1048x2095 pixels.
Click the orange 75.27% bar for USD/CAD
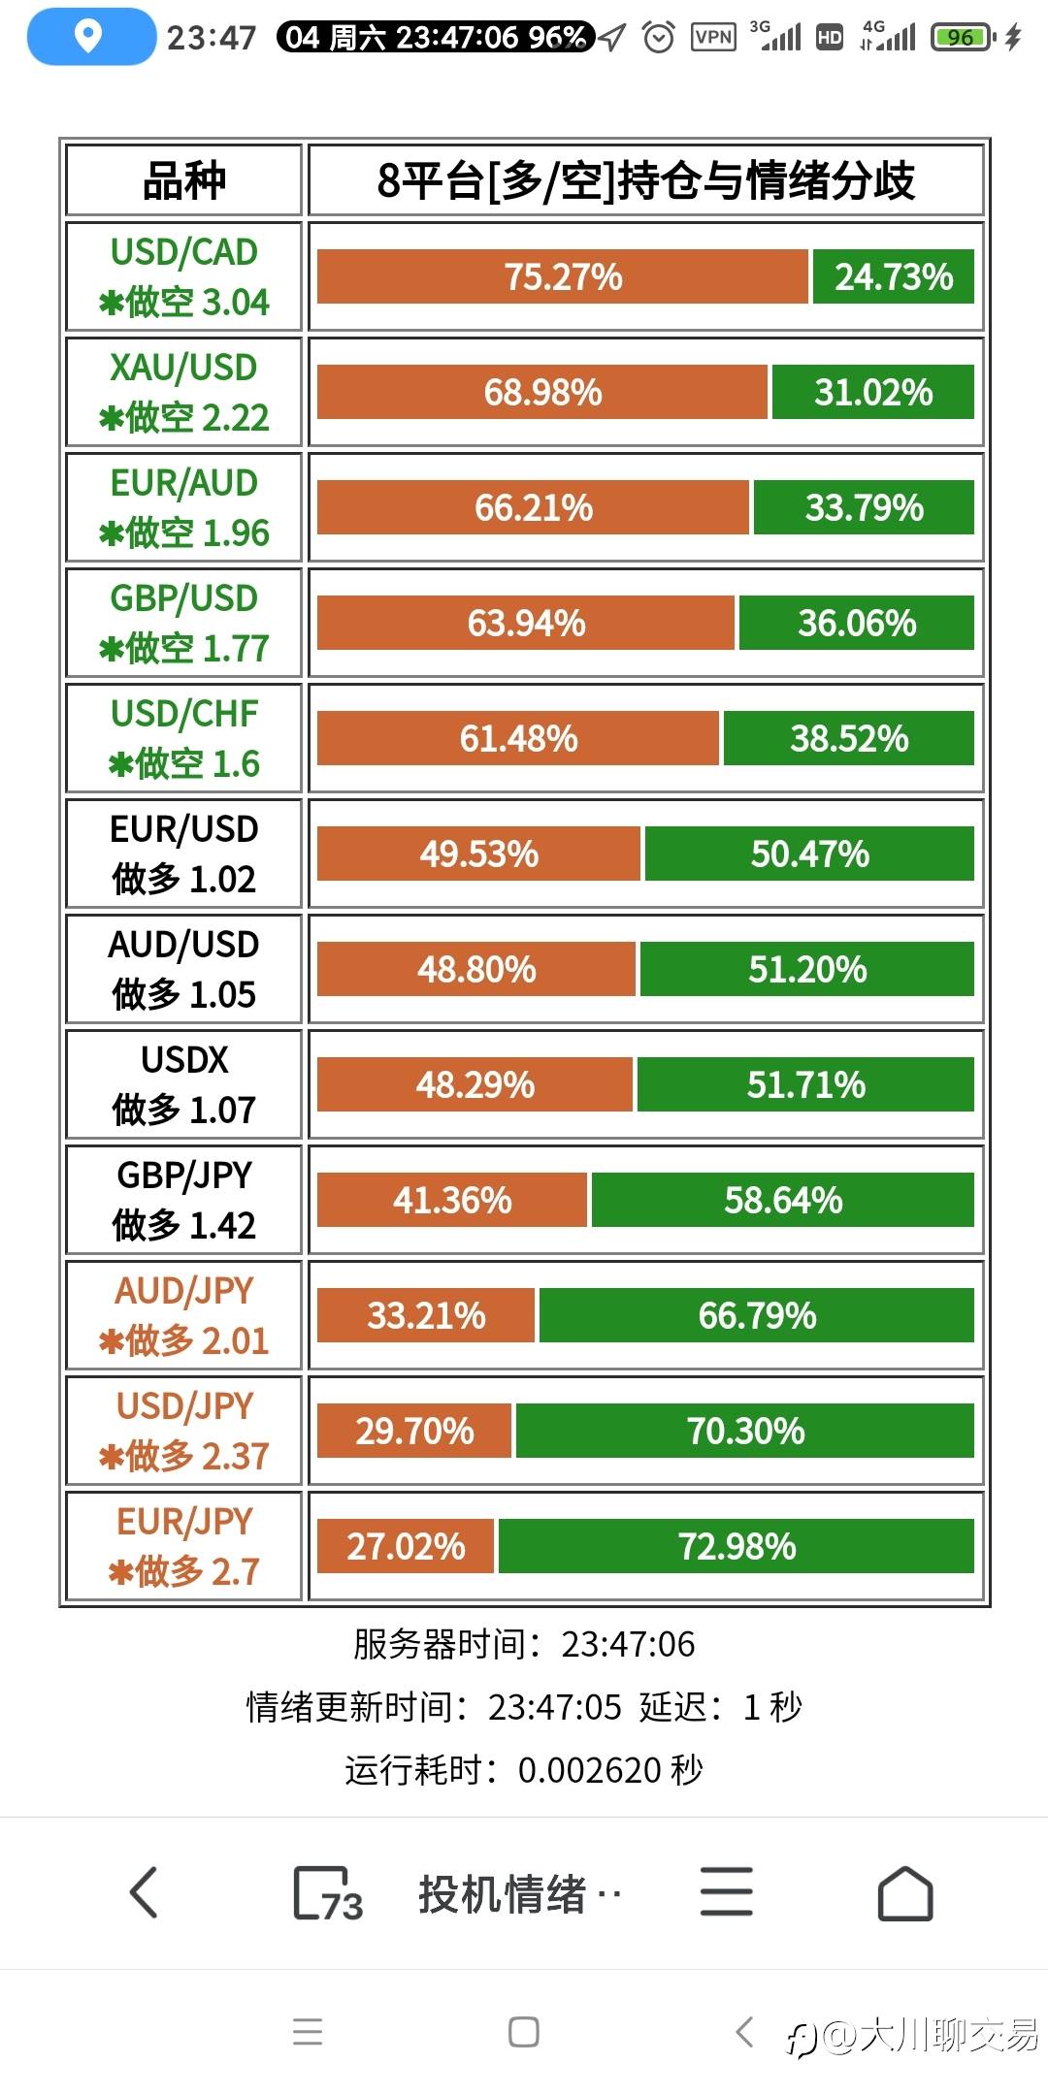pyautogui.click(x=563, y=276)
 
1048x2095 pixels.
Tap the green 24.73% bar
pyautogui.click(x=893, y=276)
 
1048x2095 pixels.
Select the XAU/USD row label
pyautogui.click(x=183, y=392)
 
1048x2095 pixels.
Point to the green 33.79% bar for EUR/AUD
pyautogui.click(x=864, y=507)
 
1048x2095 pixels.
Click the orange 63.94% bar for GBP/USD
pyautogui.click(x=526, y=623)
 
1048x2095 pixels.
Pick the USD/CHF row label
pyautogui.click(x=183, y=738)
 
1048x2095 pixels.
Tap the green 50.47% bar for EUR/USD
pyautogui.click(x=809, y=854)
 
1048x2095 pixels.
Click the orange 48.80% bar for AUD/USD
pyautogui.click(x=476, y=969)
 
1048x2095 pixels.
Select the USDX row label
pyautogui.click(x=183, y=1084)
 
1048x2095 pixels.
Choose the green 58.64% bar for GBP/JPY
pyautogui.click(x=782, y=1200)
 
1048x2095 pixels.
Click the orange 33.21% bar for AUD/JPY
pyautogui.click(x=426, y=1315)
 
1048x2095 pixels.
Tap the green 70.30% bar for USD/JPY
pyautogui.click(x=745, y=1431)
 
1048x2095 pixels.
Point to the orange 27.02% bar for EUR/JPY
pyautogui.click(x=406, y=1546)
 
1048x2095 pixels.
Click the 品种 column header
pyautogui.click(x=183, y=180)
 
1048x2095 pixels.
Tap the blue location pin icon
pyautogui.click(x=89, y=37)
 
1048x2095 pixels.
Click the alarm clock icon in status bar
pyautogui.click(x=659, y=38)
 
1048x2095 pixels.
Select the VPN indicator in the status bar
pyautogui.click(x=713, y=38)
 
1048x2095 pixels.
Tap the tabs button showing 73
pyautogui.click(x=327, y=1893)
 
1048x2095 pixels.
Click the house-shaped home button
pyautogui.click(x=904, y=1893)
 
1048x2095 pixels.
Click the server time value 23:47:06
pyautogui.click(x=628, y=1644)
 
